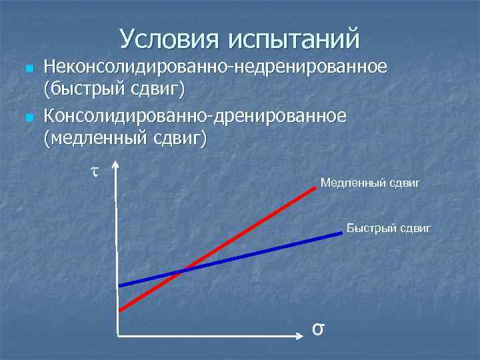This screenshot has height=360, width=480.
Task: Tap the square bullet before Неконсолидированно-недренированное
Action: [27, 69]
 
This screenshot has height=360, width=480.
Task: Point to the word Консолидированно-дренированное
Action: [195, 116]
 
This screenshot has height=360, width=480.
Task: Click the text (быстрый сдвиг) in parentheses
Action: [114, 89]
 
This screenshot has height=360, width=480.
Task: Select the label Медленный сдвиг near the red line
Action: [370, 182]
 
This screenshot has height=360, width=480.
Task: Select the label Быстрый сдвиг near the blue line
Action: [389, 229]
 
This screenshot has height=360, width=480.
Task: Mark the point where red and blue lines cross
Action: [182, 271]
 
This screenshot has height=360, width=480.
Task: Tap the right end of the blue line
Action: [340, 232]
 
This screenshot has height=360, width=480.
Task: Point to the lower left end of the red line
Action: [120, 310]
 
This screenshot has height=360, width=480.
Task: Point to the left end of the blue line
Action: [120, 285]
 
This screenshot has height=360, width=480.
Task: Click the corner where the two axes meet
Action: [117, 333]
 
